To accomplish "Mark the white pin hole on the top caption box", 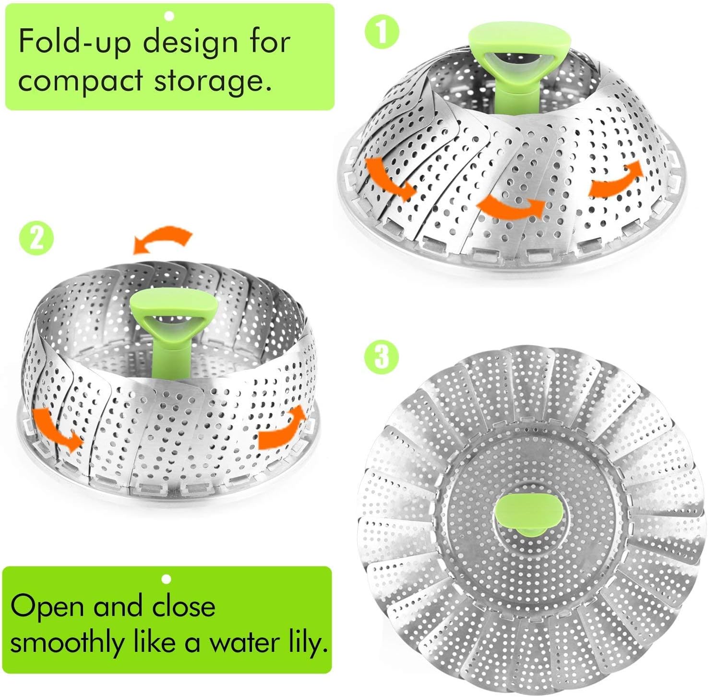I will (168, 16).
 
